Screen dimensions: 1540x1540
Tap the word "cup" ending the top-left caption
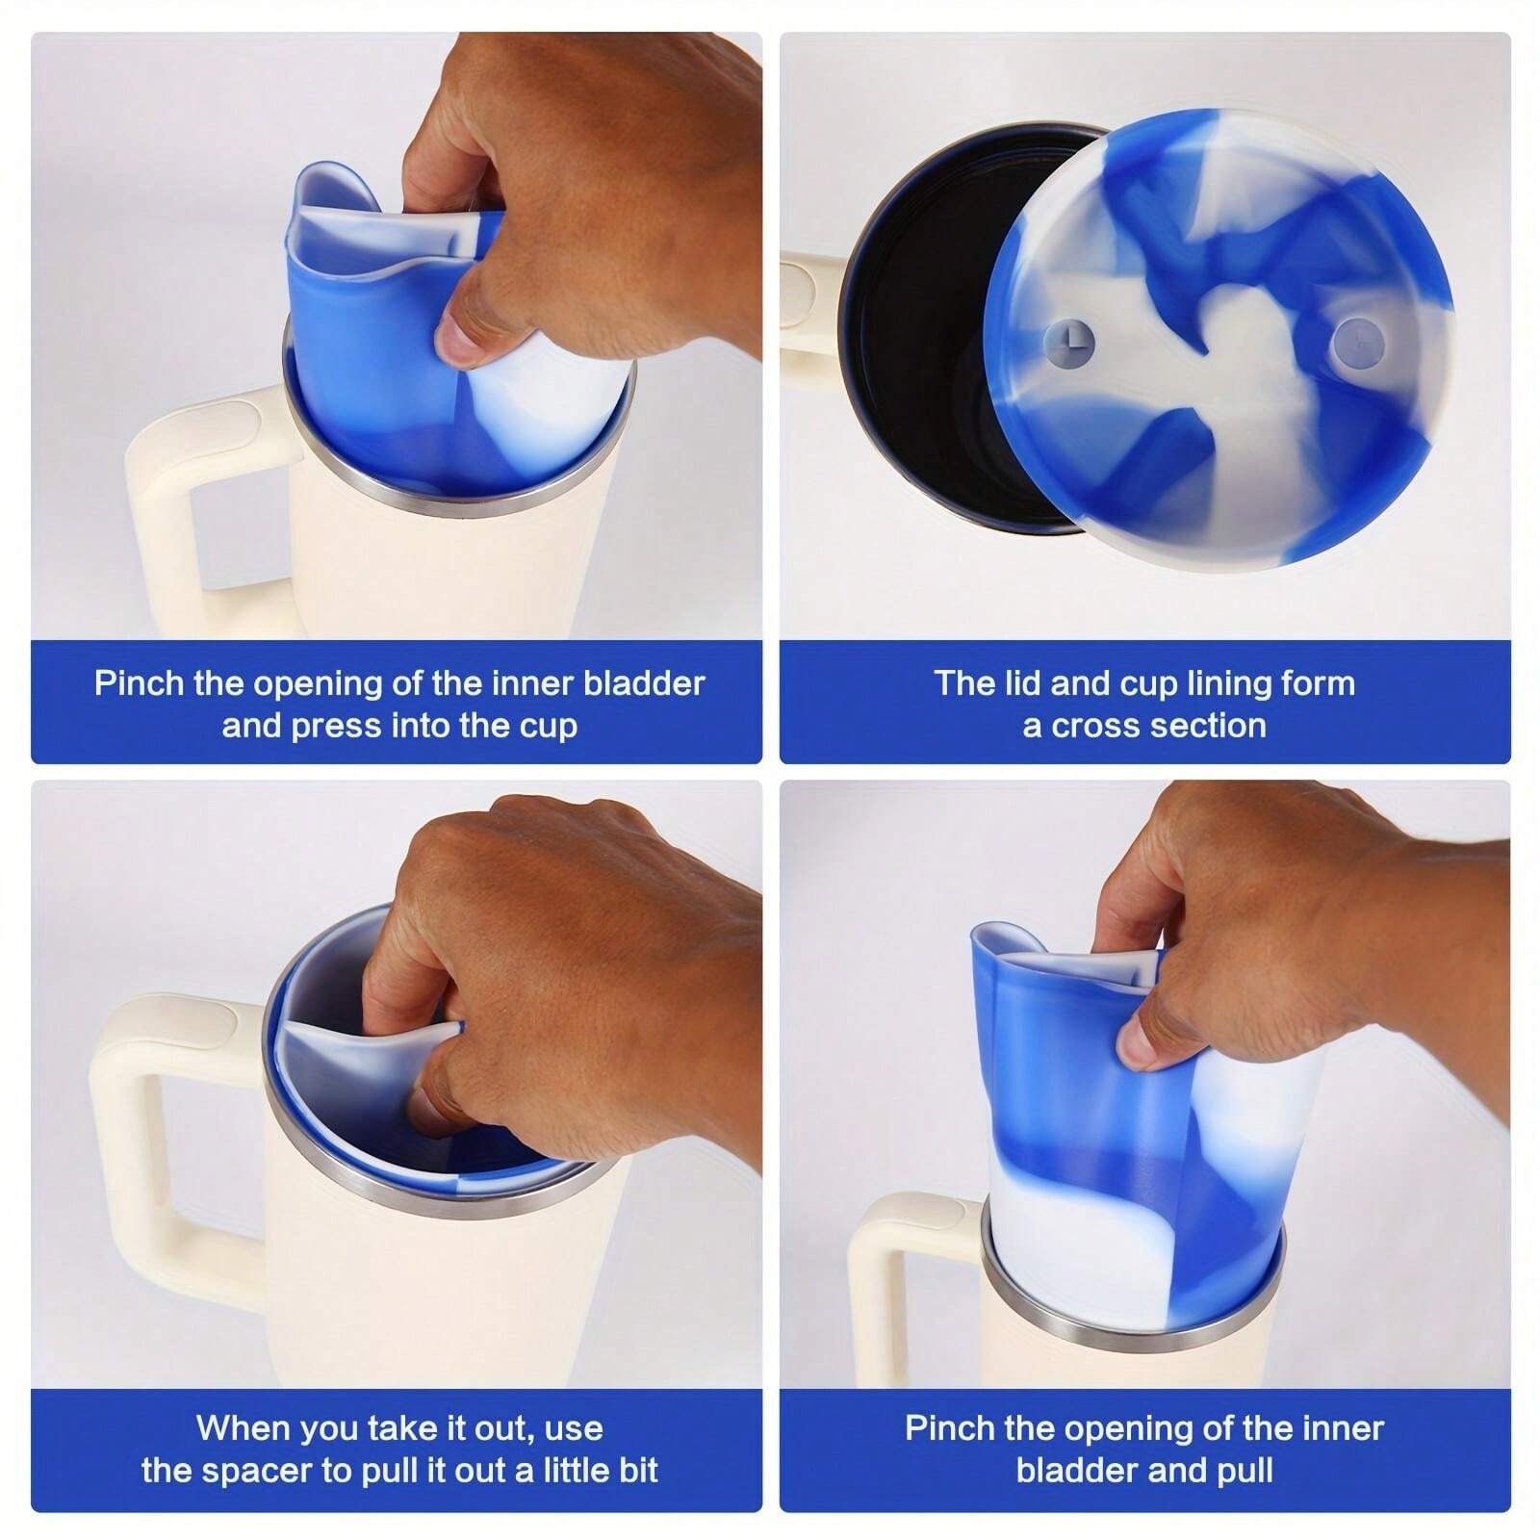pyautogui.click(x=548, y=727)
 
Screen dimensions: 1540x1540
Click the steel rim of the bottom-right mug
pyautogui.click(x=1132, y=1318)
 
